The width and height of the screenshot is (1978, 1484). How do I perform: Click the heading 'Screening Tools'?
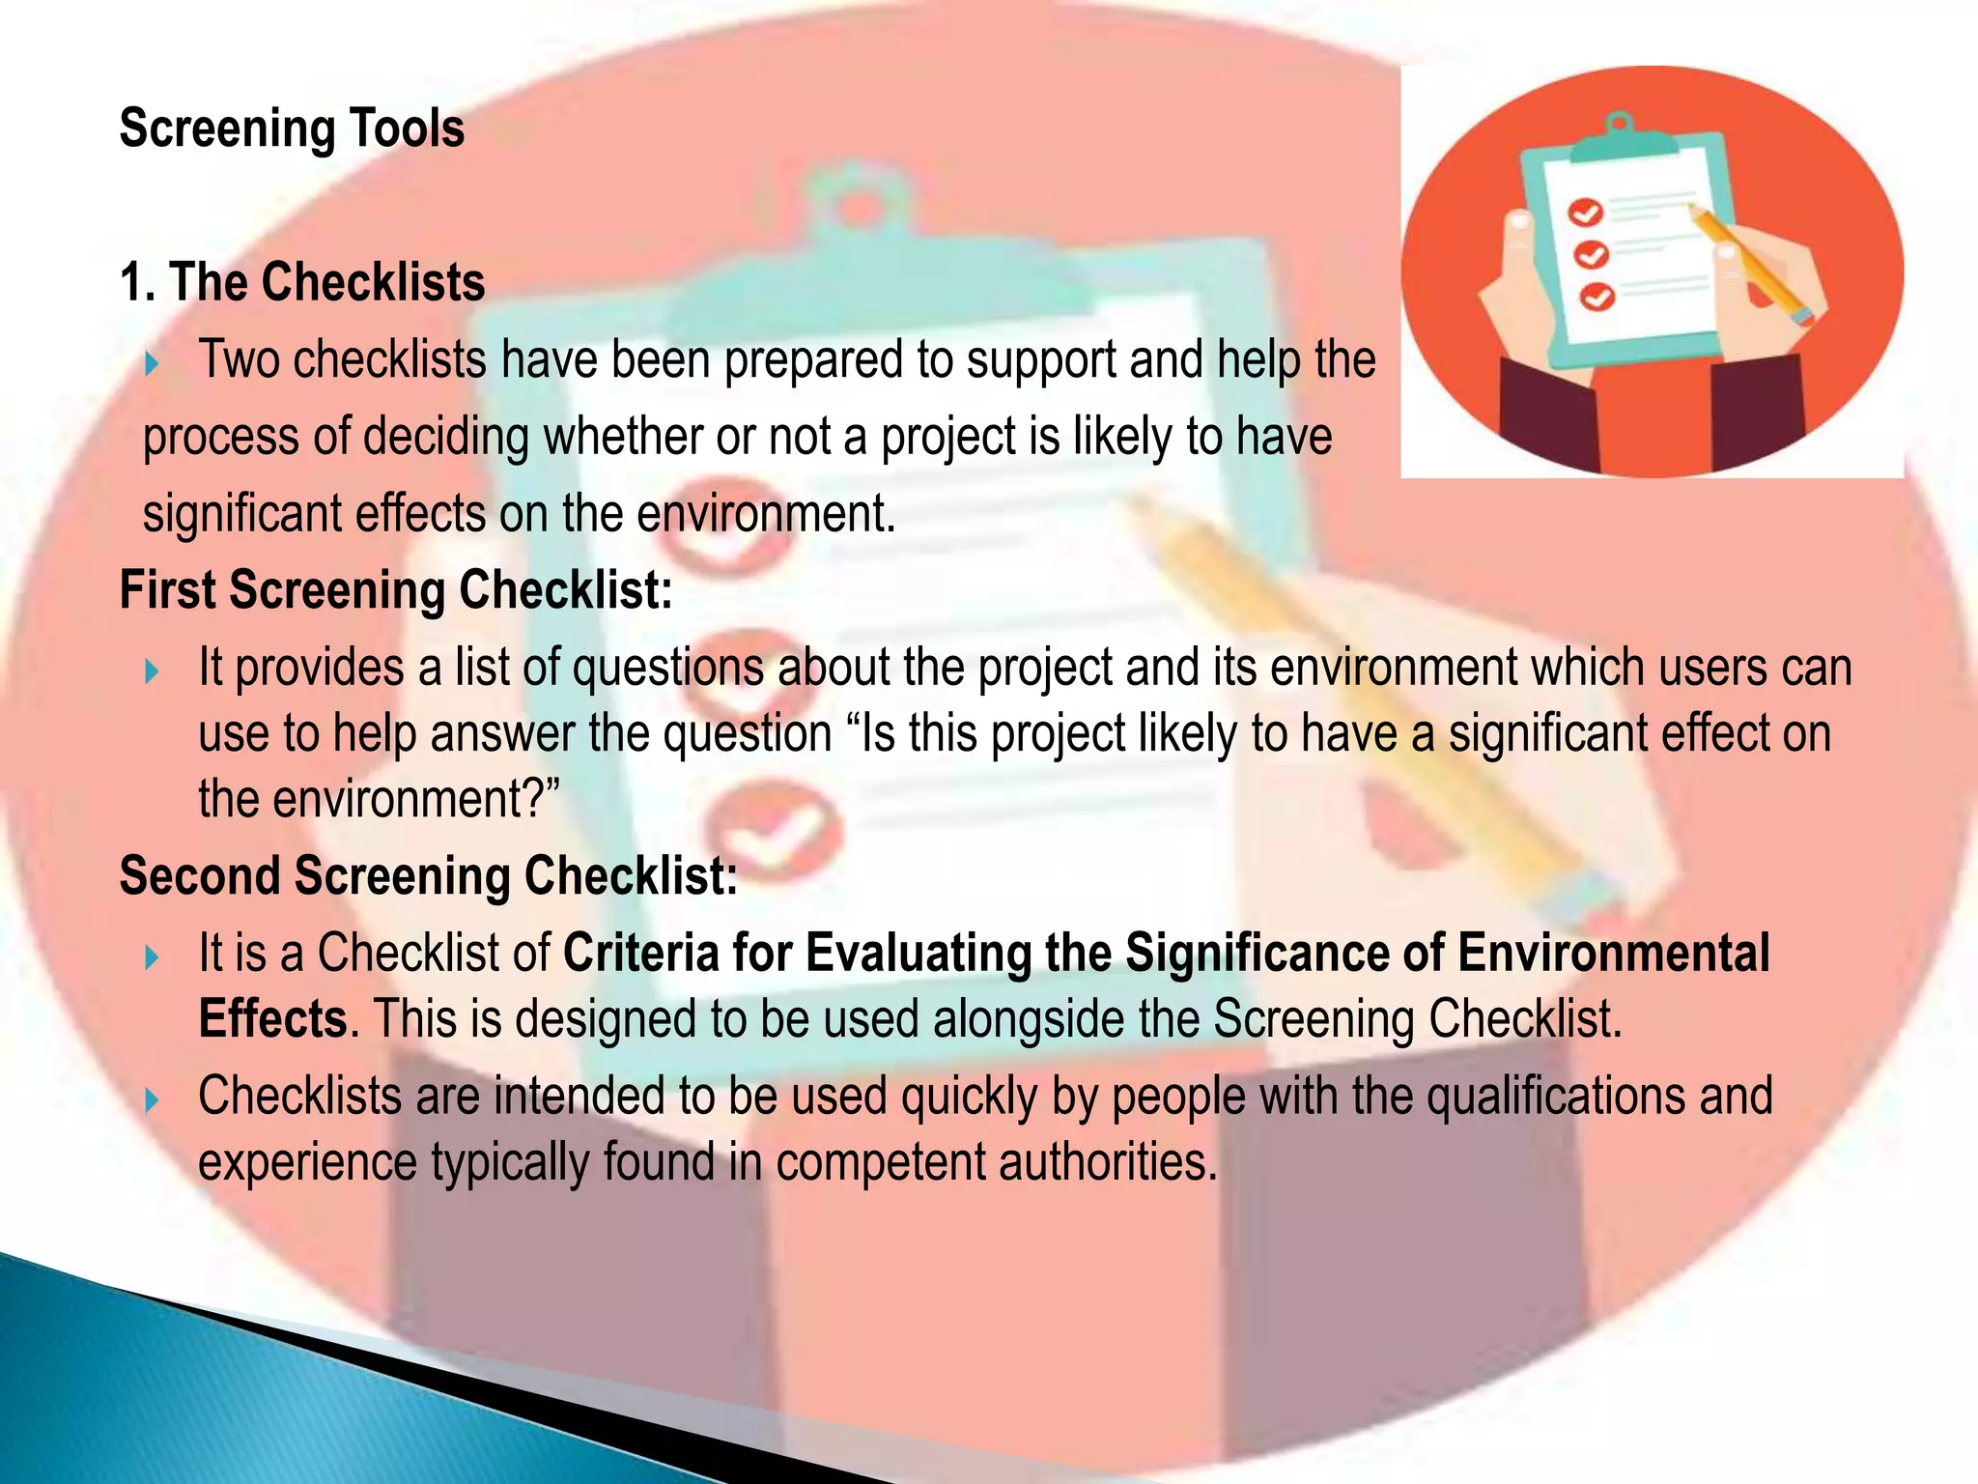pos(292,128)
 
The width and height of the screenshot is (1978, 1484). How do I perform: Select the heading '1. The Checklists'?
pos(302,282)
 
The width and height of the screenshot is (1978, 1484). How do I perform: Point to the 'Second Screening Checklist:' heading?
pos(429,876)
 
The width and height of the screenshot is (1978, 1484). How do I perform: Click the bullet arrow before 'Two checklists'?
pos(152,364)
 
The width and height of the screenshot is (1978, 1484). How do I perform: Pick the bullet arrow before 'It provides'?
pos(152,671)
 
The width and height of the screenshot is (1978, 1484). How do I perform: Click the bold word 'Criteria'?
pos(641,953)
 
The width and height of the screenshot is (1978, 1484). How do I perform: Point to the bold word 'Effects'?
pos(272,1018)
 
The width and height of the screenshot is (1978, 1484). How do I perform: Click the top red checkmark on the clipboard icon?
pos(1585,212)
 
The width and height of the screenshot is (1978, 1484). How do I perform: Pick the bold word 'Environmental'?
pos(1614,953)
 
